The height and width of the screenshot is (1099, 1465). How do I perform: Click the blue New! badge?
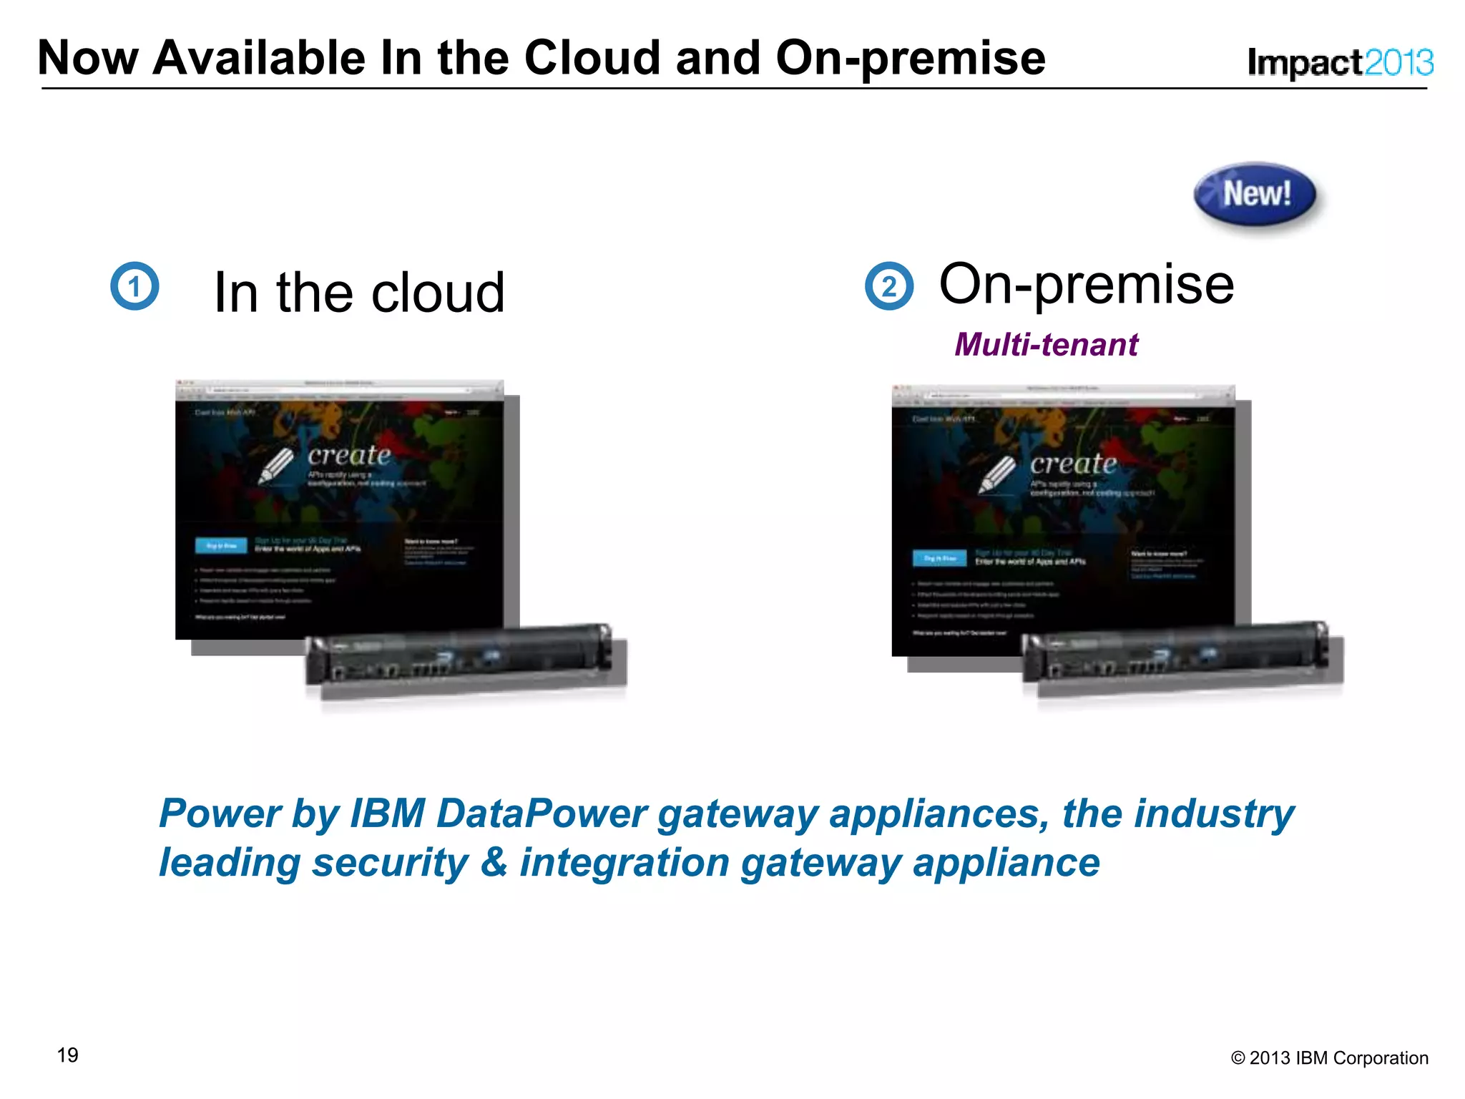coord(1255,194)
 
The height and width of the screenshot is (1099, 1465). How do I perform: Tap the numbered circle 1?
coord(134,286)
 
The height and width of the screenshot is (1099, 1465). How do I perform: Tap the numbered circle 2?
coord(889,286)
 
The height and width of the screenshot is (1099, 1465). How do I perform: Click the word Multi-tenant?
coord(1046,345)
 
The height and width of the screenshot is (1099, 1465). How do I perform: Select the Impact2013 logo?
coord(1340,62)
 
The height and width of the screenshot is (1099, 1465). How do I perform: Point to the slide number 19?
coord(68,1055)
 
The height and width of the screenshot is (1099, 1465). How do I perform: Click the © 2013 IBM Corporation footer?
coord(1329,1058)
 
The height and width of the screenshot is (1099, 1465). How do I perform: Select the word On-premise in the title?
coord(910,59)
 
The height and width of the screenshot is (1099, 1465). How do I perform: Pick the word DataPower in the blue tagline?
coord(542,814)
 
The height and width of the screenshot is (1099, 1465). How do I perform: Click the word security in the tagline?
coord(391,862)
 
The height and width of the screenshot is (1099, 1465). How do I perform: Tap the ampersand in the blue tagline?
coord(494,862)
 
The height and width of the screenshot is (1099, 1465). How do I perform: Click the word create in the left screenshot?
coord(349,455)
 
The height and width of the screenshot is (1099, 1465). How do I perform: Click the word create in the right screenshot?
coord(1073,464)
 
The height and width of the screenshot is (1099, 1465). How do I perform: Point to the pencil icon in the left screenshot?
coord(276,466)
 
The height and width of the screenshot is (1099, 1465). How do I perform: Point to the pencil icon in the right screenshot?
coord(997,474)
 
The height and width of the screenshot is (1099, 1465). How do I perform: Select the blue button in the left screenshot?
coord(221,546)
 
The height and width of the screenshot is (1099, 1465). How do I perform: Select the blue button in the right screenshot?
coord(939,558)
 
